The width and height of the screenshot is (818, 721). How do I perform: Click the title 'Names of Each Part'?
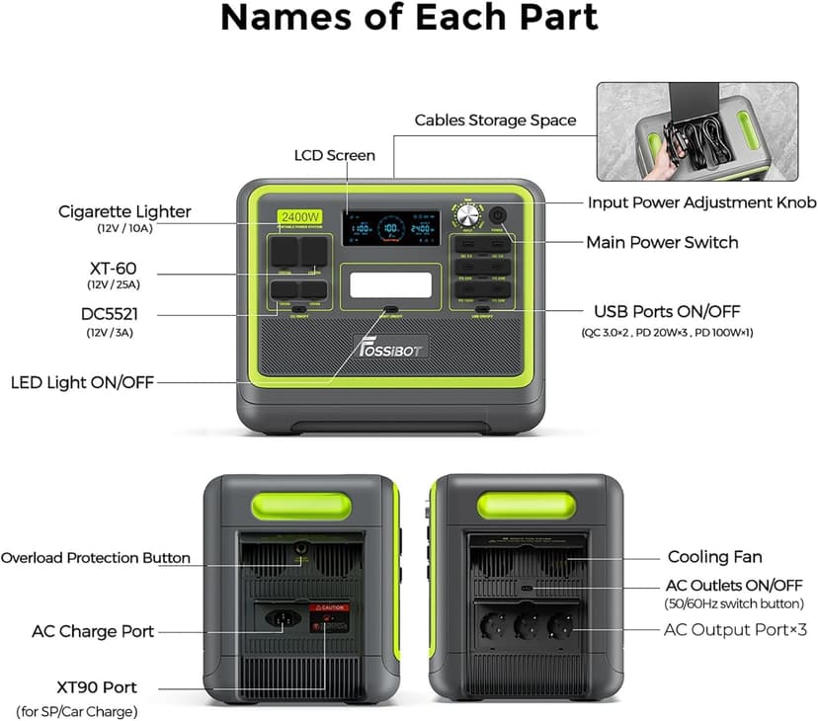pyautogui.click(x=408, y=18)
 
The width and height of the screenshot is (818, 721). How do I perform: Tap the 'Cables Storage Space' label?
pyautogui.click(x=494, y=120)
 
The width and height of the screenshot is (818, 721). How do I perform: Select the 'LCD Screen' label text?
pyautogui.click(x=335, y=155)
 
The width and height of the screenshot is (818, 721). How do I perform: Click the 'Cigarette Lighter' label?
pyautogui.click(x=124, y=211)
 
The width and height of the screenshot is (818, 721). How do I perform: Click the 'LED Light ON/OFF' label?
pyautogui.click(x=82, y=382)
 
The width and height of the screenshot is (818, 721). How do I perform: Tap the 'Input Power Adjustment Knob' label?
pyautogui.click(x=701, y=202)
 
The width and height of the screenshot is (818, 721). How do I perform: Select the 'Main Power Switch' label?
pyautogui.click(x=662, y=242)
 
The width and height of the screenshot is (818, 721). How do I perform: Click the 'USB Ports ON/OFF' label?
pyautogui.click(x=669, y=310)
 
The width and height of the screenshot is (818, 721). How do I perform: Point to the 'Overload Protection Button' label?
pyautogui.click(x=95, y=558)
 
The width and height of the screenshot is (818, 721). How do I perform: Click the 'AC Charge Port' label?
pyautogui.click(x=93, y=631)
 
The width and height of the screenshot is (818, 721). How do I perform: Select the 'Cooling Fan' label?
pyautogui.click(x=714, y=558)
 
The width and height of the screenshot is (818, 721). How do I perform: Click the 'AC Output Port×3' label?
pyautogui.click(x=734, y=629)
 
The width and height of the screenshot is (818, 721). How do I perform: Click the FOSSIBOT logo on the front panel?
pyautogui.click(x=389, y=349)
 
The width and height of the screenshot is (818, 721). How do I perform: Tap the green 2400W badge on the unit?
pyautogui.click(x=297, y=216)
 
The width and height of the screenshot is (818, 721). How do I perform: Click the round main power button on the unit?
pyautogui.click(x=497, y=214)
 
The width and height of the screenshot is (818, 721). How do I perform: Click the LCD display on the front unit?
pyautogui.click(x=391, y=228)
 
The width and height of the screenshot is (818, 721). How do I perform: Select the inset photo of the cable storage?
pyautogui.click(x=695, y=131)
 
